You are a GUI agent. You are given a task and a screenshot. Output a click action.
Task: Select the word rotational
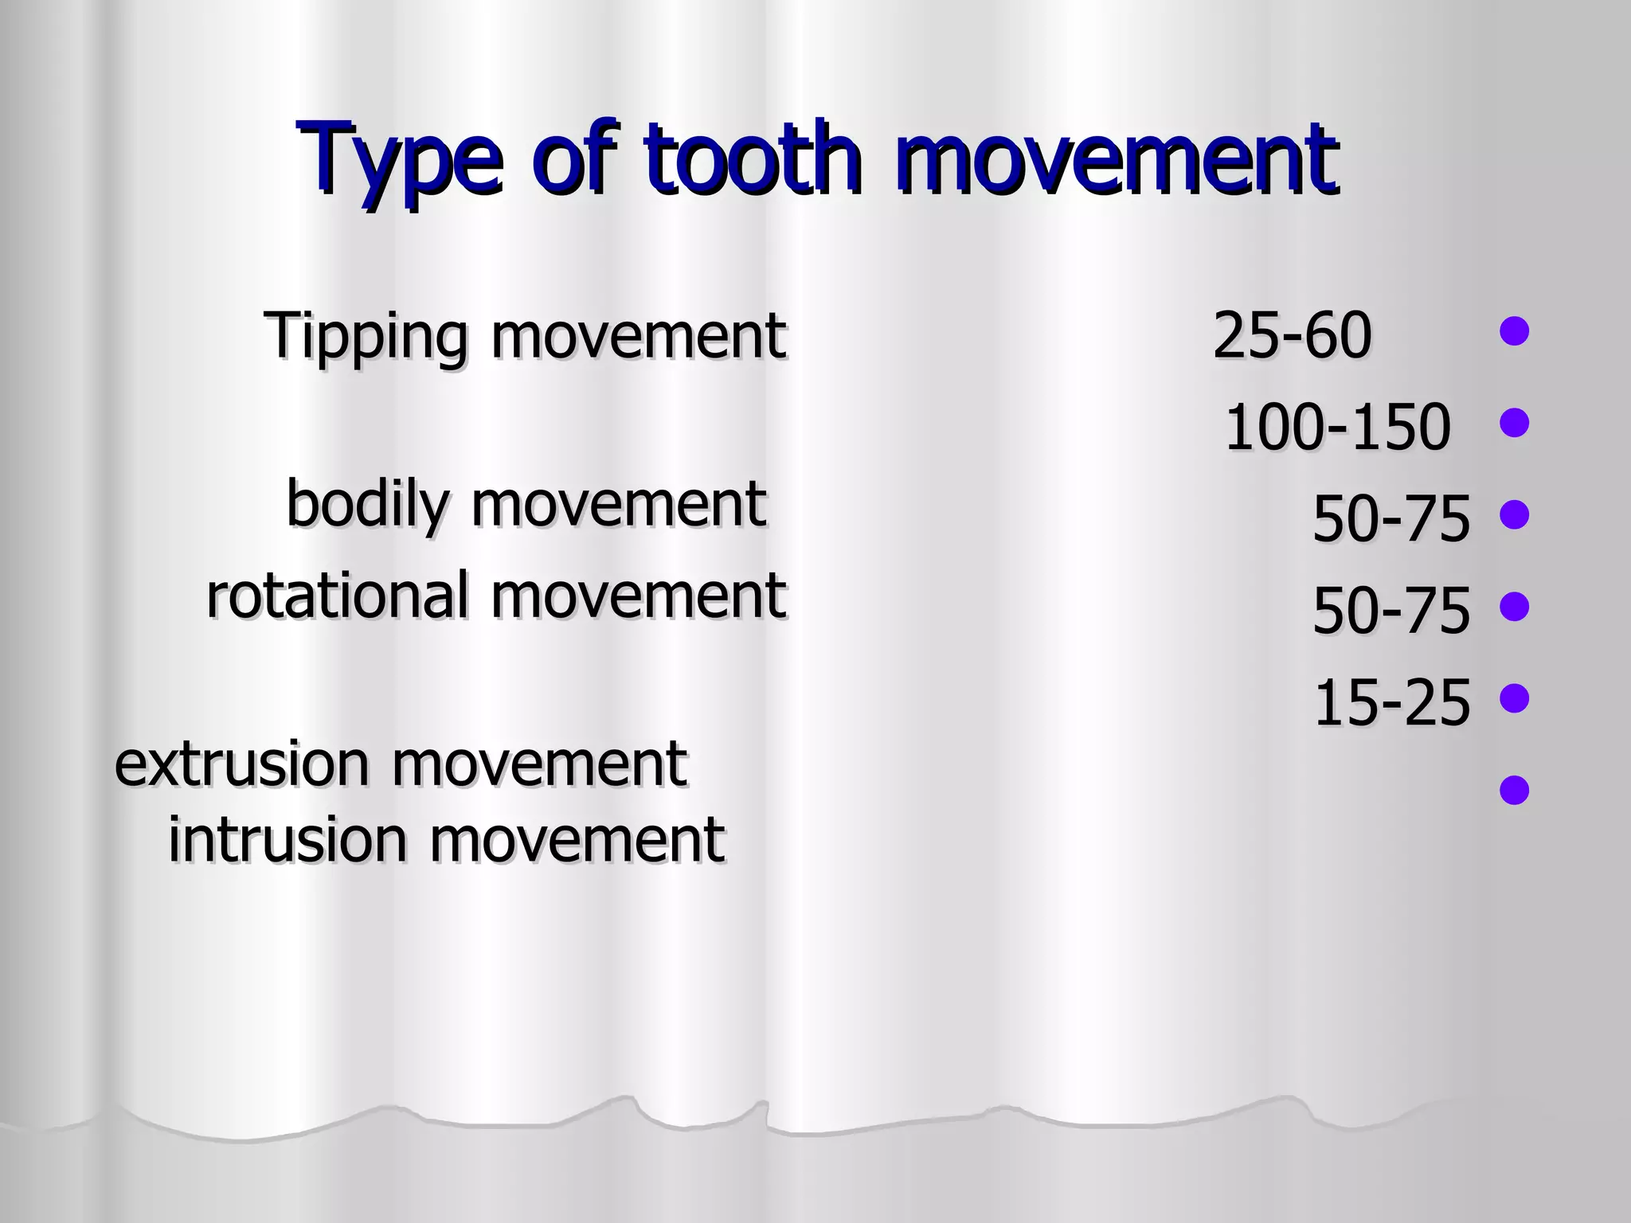(x=338, y=596)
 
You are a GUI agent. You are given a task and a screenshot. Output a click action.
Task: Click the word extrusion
(x=242, y=764)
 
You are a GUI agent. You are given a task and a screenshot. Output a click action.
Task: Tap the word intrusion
(x=287, y=841)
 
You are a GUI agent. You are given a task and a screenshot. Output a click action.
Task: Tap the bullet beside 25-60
(x=1514, y=331)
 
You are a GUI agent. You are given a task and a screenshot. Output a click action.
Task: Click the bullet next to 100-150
(x=1514, y=423)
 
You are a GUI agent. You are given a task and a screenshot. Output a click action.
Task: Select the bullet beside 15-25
(x=1514, y=698)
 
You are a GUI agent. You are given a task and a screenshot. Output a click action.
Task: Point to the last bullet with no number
(x=1514, y=791)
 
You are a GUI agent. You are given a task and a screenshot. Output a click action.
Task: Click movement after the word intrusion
(x=578, y=841)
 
